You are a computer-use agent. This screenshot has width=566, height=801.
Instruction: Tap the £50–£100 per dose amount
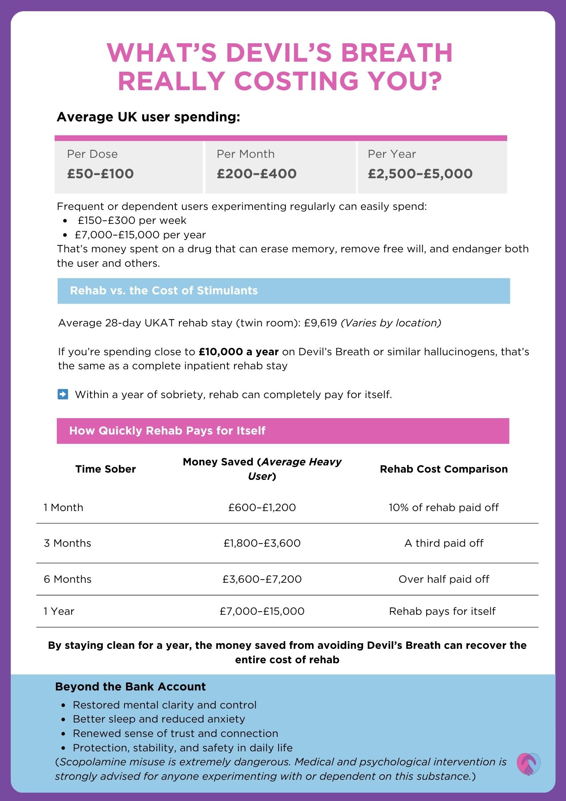100,174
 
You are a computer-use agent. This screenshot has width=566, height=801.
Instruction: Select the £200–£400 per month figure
257,174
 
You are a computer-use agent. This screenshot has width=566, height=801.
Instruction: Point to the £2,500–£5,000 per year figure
420,174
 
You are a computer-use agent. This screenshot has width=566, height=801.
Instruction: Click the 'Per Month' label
245,154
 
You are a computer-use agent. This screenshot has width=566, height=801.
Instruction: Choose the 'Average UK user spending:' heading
149,117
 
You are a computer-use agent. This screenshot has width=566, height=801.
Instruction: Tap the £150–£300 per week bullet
132,221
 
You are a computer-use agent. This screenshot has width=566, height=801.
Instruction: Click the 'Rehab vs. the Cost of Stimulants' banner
283,291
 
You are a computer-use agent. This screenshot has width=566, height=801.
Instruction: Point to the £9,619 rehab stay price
321,323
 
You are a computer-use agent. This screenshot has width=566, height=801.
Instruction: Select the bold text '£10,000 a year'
239,352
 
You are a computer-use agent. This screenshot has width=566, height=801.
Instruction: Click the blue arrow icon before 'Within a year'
63,394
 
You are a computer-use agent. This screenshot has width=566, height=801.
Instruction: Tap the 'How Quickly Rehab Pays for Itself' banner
283,431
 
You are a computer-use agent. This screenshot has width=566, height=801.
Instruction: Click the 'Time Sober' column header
106,469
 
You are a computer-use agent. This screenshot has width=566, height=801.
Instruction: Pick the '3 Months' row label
68,543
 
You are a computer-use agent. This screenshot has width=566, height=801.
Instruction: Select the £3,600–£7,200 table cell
262,579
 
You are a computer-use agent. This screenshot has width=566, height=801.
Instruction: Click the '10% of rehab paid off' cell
444,508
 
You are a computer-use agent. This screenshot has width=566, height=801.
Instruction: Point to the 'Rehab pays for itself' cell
442,611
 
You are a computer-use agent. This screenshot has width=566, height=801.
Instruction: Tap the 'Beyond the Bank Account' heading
130,687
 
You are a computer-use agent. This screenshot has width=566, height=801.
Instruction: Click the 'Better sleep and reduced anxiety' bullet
159,719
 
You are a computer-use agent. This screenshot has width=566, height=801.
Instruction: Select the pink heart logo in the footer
528,764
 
